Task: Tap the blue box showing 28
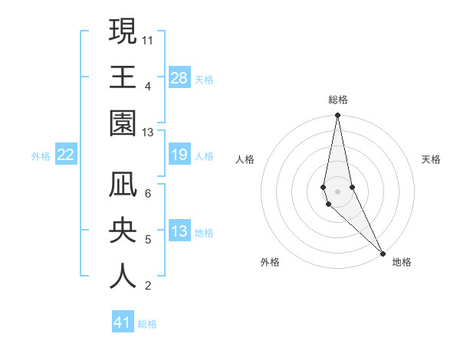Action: [179, 77]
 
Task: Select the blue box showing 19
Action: [179, 155]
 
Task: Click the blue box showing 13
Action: [179, 232]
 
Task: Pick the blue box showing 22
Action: [66, 155]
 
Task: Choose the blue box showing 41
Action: [123, 322]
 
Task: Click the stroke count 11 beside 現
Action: [148, 38]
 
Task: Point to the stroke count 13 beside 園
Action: [148, 133]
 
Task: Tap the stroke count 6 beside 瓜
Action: [148, 193]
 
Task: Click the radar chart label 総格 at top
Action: [338, 100]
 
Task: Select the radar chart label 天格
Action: [432, 159]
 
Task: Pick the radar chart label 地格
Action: [402, 262]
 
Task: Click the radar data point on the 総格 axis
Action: [337, 116]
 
